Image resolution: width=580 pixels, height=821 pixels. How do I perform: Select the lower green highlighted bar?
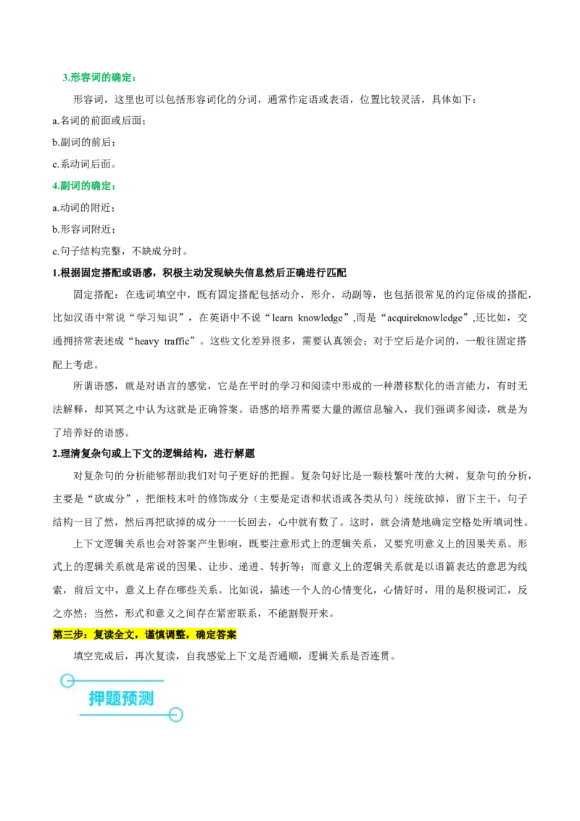84,186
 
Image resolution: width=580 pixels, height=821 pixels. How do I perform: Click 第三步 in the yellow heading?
67,635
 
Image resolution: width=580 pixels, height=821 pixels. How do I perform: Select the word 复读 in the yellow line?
104,635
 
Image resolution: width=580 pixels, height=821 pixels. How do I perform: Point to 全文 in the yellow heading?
124,635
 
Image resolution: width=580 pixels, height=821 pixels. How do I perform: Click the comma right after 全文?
138,636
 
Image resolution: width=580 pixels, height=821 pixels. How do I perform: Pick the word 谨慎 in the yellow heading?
155,635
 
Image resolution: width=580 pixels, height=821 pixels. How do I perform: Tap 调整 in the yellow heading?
175,635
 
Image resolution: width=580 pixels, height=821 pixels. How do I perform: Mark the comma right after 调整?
189,636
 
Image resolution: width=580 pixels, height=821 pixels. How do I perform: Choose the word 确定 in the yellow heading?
206,635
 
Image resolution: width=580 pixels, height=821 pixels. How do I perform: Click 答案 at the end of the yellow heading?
226,635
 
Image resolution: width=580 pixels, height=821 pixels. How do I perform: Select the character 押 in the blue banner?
96,698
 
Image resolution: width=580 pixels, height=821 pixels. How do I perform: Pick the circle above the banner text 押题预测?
67,680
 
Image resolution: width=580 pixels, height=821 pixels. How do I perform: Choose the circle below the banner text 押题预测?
175,715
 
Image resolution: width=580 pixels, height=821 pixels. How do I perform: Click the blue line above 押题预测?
120,680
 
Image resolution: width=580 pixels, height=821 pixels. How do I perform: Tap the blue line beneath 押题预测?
123,715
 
